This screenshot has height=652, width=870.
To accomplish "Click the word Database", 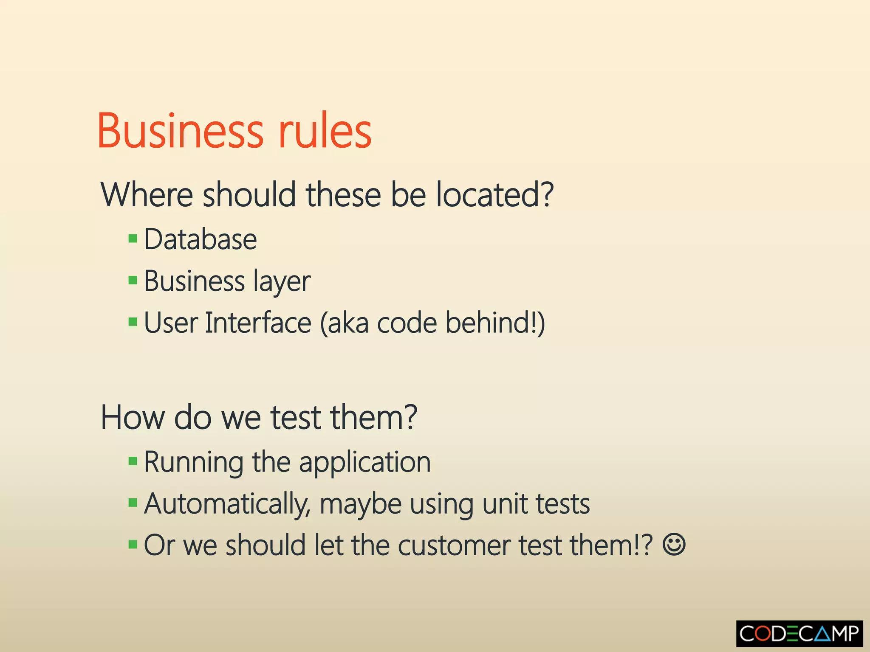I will tap(201, 239).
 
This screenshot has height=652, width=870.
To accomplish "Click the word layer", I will tap(282, 282).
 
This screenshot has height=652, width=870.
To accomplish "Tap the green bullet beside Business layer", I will tap(133, 280).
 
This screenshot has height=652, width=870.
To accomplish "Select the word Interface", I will tap(258, 323).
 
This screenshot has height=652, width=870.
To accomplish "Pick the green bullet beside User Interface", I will tap(133, 322).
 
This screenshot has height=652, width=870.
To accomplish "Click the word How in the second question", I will tap(132, 418).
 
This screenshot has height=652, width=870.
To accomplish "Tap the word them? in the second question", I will tap(374, 418).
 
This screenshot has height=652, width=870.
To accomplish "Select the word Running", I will tap(194, 463).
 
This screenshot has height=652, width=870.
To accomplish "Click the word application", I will tap(365, 463).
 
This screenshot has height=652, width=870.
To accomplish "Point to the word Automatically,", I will tap(227, 505).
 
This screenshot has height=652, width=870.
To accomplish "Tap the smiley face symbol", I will tap(674, 545).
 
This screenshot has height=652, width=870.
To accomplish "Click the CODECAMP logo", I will tap(799, 634).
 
